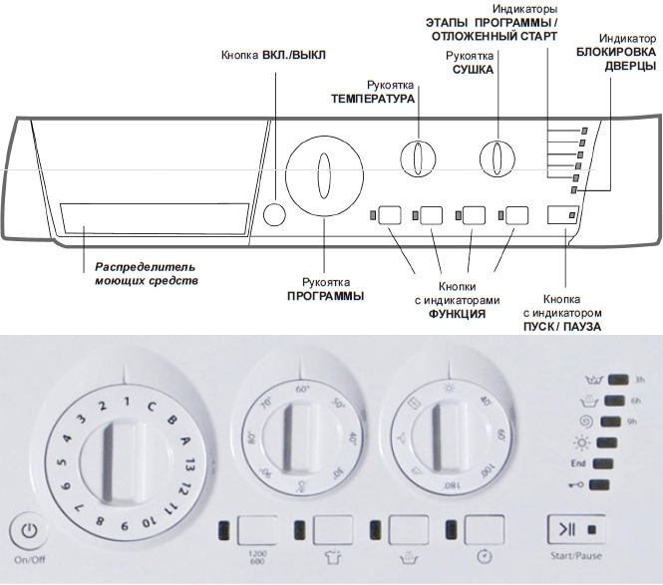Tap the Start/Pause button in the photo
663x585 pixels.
(567, 528)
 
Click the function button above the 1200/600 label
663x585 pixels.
(257, 529)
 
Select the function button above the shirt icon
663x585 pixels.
(333, 529)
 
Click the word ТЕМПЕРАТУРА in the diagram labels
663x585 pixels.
(373, 100)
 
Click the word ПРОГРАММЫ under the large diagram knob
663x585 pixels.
(325, 296)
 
